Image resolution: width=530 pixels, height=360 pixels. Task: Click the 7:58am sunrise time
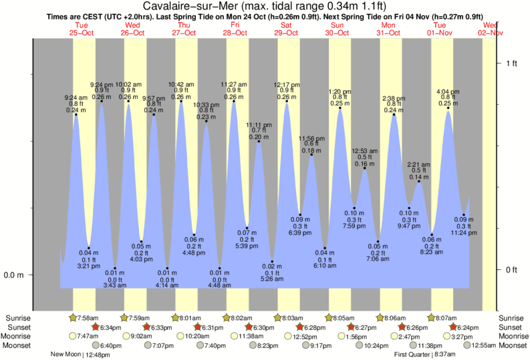click(x=89, y=317)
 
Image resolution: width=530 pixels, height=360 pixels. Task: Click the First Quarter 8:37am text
click(x=420, y=355)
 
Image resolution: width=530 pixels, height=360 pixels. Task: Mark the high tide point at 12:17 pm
click(x=287, y=102)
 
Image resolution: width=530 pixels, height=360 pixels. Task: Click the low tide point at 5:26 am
click(x=272, y=262)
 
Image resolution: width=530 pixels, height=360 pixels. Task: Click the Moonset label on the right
click(x=512, y=345)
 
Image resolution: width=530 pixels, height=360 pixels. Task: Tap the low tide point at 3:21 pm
click(x=89, y=248)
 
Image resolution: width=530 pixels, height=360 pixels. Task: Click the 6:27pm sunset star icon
click(x=351, y=327)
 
